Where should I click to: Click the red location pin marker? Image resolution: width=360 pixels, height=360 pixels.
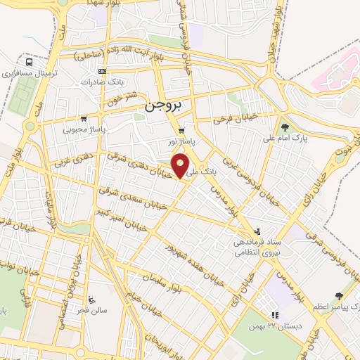(181, 167)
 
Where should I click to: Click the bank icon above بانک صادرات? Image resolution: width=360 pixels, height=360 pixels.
(103, 71)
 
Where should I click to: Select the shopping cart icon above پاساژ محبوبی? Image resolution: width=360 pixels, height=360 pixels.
(84, 119)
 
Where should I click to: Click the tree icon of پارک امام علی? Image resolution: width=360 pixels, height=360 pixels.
(284, 127)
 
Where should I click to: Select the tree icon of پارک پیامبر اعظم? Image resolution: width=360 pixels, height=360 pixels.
(340, 297)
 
